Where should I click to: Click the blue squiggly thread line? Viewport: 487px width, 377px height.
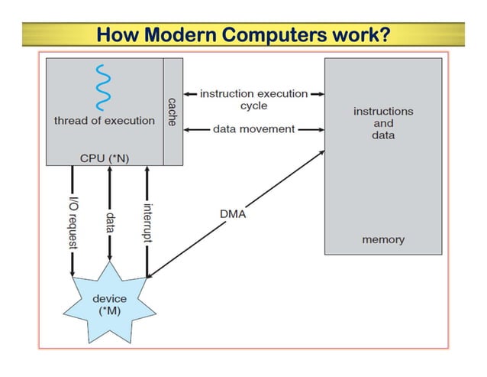coord(102,88)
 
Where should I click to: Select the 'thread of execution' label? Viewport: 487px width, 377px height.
coord(104,121)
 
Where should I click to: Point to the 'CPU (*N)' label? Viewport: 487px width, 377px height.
coord(104,158)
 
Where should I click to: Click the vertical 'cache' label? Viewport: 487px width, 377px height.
coord(173,112)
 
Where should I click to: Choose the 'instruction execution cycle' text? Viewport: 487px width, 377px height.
coord(254,99)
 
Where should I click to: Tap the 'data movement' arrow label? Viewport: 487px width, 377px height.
coord(253,129)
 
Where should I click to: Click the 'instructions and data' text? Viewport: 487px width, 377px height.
coord(383,122)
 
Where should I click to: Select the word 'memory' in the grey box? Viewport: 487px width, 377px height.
coord(383,239)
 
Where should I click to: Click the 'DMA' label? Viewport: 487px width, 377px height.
coord(233,214)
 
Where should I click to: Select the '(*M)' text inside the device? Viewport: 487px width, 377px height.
coord(109,310)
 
